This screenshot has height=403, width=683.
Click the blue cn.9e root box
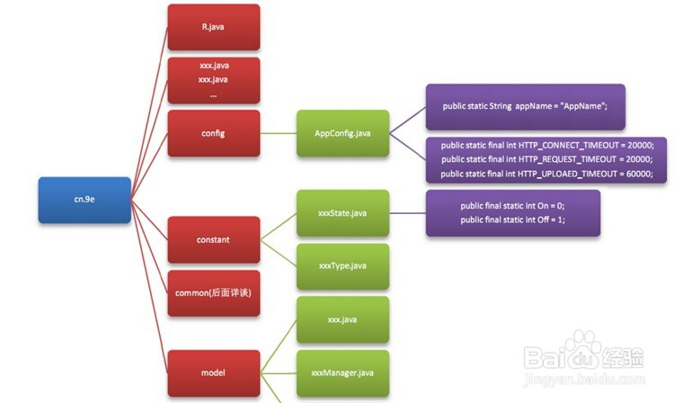tap(84, 200)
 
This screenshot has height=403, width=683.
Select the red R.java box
tap(213, 27)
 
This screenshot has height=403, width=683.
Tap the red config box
tap(213, 133)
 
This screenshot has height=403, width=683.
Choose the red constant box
tap(213, 239)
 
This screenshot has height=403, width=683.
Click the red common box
tap(213, 293)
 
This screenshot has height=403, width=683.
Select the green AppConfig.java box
tap(342, 133)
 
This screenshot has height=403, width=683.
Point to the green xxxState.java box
tap(342, 213)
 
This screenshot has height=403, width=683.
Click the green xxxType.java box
tap(342, 266)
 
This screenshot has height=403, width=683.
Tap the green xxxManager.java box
tap(342, 372)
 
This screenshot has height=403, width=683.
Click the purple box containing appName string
tap(525, 106)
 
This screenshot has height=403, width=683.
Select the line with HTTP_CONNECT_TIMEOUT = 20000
tap(547, 145)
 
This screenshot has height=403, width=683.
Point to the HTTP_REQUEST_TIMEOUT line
tap(547, 159)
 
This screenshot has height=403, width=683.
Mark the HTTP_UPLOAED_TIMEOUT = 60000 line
tap(547, 174)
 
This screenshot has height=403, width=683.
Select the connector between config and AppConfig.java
tap(279, 133)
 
